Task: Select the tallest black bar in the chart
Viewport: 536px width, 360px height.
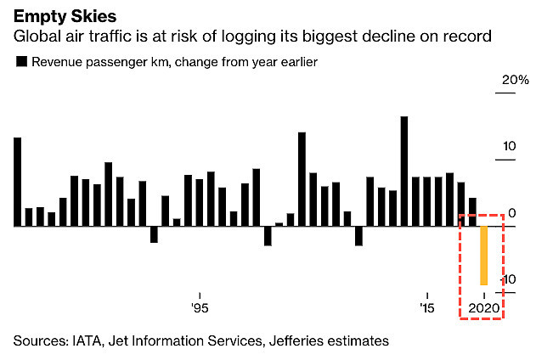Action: click(x=404, y=172)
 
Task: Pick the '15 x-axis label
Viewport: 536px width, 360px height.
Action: click(x=426, y=307)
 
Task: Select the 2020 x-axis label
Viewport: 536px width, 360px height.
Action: click(x=484, y=307)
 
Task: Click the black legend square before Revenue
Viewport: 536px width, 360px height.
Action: click(x=21, y=62)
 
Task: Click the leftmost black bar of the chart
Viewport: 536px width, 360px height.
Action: click(x=17, y=182)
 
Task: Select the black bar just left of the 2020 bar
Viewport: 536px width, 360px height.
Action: click(x=473, y=211)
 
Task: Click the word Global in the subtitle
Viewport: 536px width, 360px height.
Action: click(x=36, y=38)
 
